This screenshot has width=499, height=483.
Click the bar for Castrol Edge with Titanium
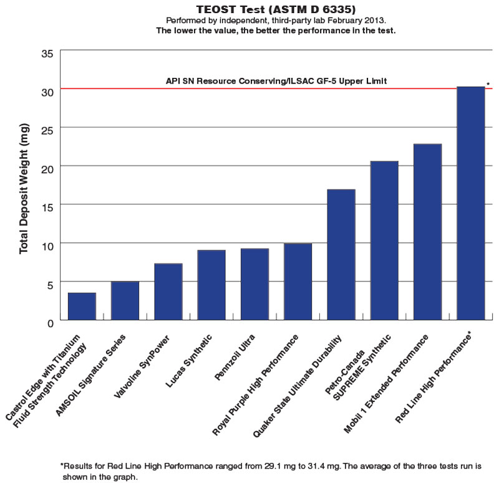point(82,306)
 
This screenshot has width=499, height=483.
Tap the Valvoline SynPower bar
point(168,292)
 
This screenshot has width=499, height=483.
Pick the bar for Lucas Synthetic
point(211,285)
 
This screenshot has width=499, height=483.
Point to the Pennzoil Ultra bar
point(254,284)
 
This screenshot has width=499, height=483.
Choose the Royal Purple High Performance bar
point(298,282)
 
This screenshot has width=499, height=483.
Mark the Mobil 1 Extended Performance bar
point(427,232)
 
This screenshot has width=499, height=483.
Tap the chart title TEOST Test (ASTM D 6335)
point(268,9)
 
